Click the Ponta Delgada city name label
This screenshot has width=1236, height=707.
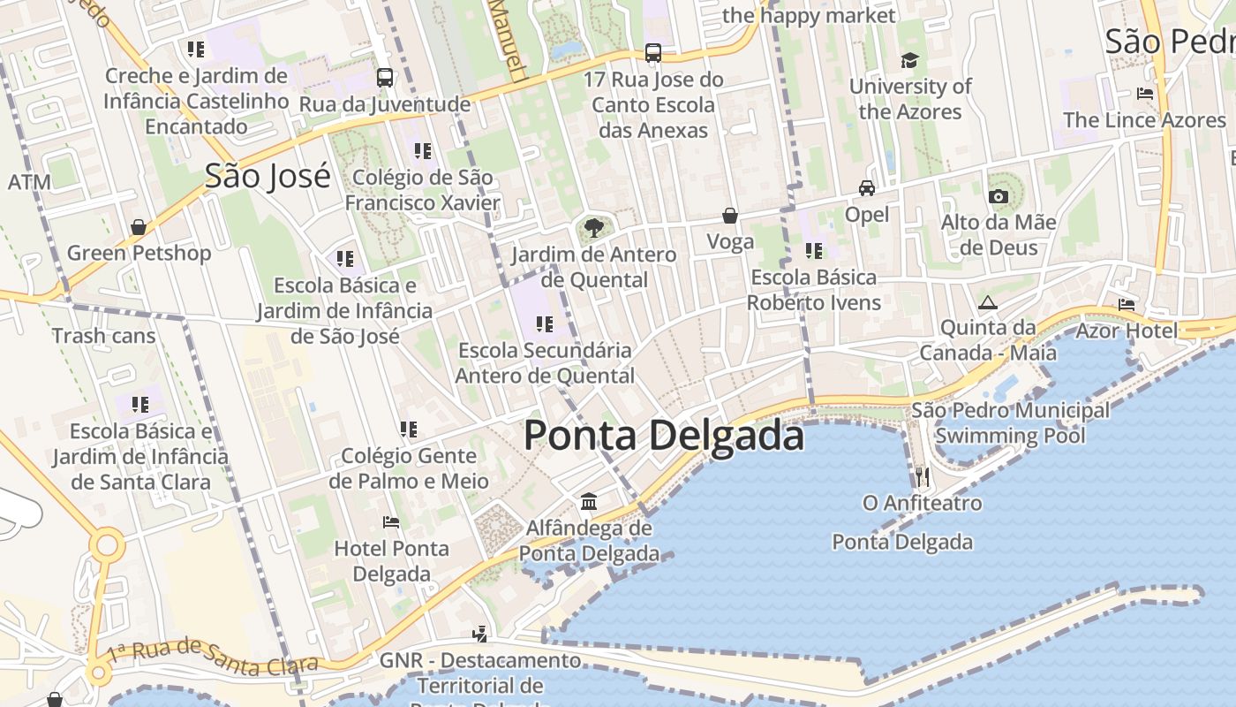[x=664, y=437]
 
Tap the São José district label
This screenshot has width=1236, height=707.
[x=268, y=176]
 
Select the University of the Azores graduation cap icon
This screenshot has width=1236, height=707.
[x=909, y=60]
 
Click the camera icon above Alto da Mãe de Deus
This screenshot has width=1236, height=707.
[x=999, y=196]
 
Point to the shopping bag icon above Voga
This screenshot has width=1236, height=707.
[x=730, y=215]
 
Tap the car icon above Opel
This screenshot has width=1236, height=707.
[x=867, y=188]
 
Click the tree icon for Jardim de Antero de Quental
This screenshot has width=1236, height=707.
[x=594, y=228]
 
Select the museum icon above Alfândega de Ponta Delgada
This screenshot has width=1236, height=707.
[x=589, y=502]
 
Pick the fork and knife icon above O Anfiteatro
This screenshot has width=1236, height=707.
[x=923, y=477]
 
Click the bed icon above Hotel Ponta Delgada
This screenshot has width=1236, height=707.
[x=391, y=522]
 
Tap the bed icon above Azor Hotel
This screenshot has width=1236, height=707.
[x=1127, y=305]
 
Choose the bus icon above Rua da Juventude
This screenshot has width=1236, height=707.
[x=385, y=78]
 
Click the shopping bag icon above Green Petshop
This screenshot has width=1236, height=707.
[x=139, y=227]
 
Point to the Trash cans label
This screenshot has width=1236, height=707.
[x=103, y=336]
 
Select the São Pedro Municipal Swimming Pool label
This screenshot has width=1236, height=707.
[x=1010, y=422]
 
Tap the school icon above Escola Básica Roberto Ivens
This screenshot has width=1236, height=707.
[x=814, y=251]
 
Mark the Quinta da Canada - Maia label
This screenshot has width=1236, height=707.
[x=988, y=340]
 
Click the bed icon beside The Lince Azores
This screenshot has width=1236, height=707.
[x=1145, y=94]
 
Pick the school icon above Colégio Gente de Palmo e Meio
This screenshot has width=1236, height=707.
[x=408, y=430]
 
